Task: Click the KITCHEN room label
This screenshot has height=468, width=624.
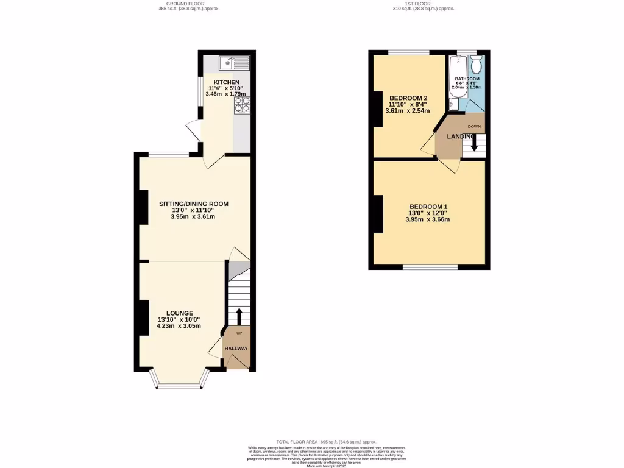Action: click(226, 82)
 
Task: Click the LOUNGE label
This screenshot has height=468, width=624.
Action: click(180, 313)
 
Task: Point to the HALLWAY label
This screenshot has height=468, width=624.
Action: click(236, 349)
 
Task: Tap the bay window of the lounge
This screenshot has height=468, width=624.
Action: click(179, 384)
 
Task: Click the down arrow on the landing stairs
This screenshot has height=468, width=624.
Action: click(475, 145)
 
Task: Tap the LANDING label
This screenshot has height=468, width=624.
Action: click(461, 136)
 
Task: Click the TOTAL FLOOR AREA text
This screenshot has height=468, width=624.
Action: click(326, 441)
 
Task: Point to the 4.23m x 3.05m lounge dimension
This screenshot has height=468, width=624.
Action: click(179, 326)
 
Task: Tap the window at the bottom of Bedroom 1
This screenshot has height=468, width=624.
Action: click(430, 267)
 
